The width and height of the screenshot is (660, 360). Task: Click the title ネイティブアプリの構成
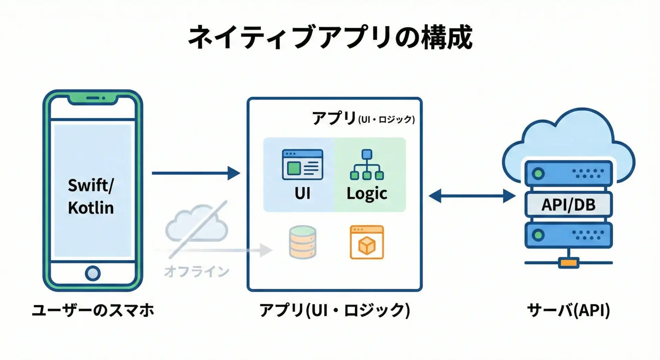(x=330, y=37)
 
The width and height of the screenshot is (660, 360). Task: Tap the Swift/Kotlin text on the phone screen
(x=91, y=196)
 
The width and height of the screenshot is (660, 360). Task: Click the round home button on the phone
(x=92, y=273)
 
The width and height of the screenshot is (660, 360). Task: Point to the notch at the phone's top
(x=93, y=99)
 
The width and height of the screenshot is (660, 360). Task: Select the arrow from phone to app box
(x=196, y=173)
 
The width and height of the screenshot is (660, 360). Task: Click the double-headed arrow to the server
(x=472, y=196)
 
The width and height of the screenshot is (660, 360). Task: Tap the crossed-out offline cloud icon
(x=197, y=227)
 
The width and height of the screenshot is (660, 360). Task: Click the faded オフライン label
(x=197, y=271)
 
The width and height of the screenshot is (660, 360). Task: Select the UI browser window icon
(x=302, y=164)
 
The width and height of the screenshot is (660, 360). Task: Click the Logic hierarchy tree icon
(x=367, y=165)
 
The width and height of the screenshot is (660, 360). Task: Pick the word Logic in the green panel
(x=367, y=194)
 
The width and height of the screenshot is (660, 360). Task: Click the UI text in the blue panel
(x=302, y=194)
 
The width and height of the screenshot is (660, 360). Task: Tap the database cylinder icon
(x=302, y=242)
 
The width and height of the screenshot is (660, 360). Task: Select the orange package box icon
(x=367, y=242)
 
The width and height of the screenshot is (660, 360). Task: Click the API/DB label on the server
(x=569, y=205)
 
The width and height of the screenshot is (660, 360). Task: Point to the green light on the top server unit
(x=538, y=173)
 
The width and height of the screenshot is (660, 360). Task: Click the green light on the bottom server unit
(x=538, y=235)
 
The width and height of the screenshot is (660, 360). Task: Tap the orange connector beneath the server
(x=569, y=263)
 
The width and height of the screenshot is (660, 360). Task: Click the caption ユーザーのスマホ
(x=93, y=310)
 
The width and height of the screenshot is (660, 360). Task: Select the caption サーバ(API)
(x=569, y=310)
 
